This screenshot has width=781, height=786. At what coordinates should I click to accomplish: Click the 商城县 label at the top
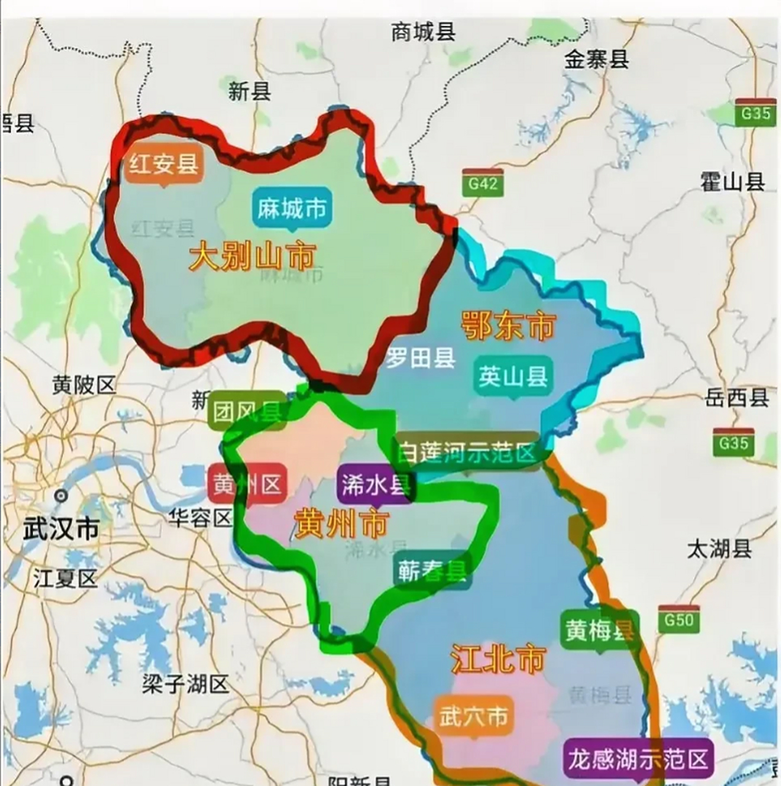pos(423,31)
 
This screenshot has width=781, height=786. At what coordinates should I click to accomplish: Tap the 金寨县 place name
pos(597,60)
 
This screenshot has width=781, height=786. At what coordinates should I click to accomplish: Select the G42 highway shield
pos(483,182)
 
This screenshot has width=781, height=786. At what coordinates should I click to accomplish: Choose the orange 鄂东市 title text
pos(508,325)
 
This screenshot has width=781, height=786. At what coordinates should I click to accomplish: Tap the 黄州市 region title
pos(341,524)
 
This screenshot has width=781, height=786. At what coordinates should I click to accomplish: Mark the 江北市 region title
pos(498,659)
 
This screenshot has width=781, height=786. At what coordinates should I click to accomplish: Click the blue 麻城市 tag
pos(291,209)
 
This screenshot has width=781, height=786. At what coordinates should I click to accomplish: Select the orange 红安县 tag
pos(163,163)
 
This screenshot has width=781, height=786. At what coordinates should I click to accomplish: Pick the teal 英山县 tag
pos(513,376)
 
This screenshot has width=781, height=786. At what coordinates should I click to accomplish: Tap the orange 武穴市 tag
pos(473,716)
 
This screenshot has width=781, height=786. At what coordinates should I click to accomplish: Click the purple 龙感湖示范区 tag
pos(638,759)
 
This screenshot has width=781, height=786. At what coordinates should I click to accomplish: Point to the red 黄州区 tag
pos(247,485)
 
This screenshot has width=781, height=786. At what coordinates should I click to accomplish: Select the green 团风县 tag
pos(247,411)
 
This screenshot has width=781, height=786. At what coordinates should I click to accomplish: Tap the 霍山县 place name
pos(732,182)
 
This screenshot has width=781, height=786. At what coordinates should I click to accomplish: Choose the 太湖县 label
pos(719,548)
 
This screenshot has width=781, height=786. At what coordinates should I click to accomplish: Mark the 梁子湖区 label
pos(185,683)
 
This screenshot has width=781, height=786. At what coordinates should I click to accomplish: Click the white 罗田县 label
pos(421,358)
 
